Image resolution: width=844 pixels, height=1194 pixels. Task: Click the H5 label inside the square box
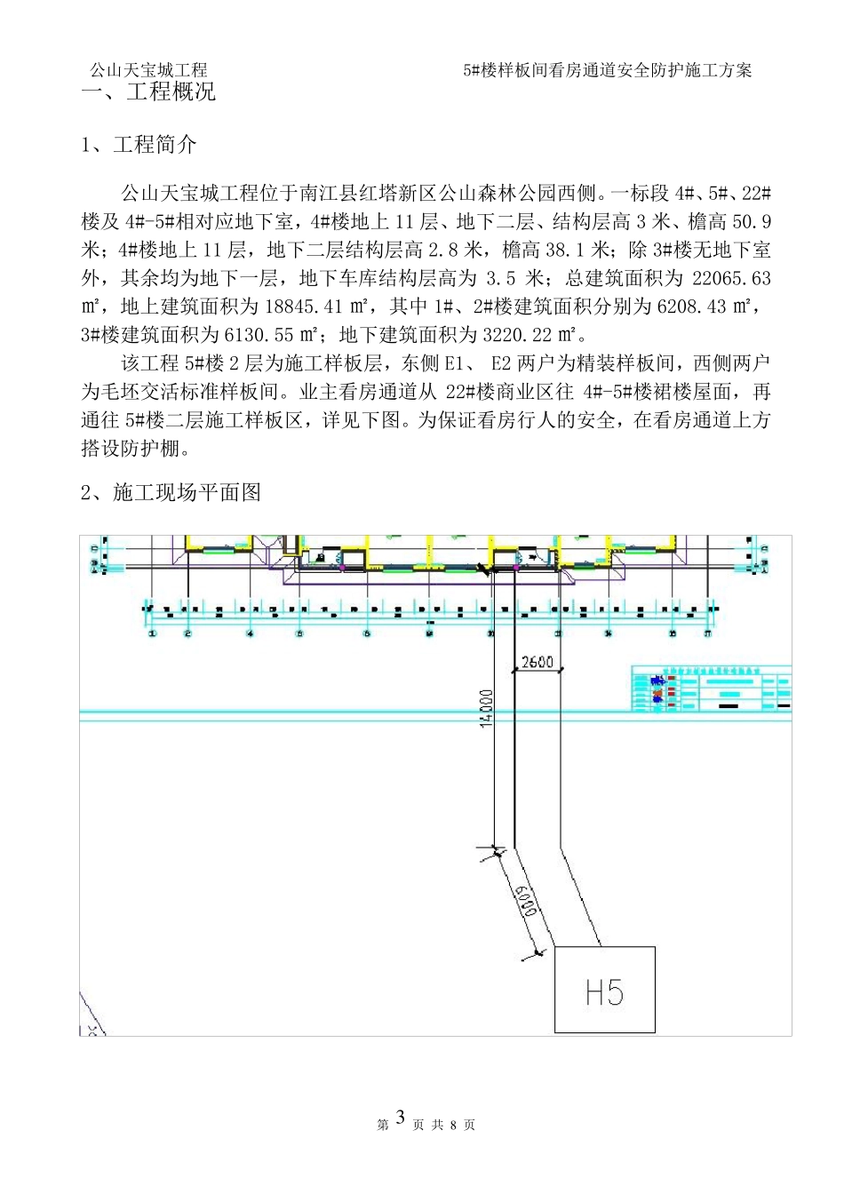click(604, 991)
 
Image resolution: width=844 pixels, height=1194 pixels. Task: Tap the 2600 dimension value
click(537, 662)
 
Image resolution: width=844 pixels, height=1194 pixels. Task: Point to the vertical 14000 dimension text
click(485, 708)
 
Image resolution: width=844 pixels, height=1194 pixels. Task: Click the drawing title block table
click(710, 688)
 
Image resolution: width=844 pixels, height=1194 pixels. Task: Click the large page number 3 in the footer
click(400, 1118)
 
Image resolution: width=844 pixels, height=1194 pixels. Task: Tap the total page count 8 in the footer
click(453, 1126)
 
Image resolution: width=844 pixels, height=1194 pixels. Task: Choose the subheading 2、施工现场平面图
click(171, 492)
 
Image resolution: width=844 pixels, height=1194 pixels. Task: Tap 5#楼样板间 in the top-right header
click(503, 70)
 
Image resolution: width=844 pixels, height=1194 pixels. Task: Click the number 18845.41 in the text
click(306, 307)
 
